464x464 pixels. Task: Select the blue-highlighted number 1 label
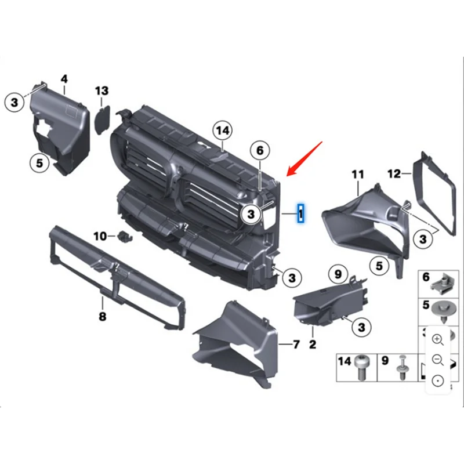(301, 214)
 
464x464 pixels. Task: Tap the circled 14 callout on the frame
(222, 130)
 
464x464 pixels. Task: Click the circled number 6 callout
(260, 151)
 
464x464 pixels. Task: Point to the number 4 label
(64, 78)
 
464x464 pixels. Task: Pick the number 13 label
(101, 90)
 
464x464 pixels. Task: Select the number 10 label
(99, 236)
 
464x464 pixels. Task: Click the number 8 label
(102, 317)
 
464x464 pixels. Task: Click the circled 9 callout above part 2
(338, 272)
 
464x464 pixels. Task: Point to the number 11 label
(358, 173)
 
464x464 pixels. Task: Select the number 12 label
(394, 173)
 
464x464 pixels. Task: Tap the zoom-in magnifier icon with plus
(438, 339)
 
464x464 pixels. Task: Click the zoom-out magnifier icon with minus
(438, 360)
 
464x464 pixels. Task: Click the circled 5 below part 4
(39, 163)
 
